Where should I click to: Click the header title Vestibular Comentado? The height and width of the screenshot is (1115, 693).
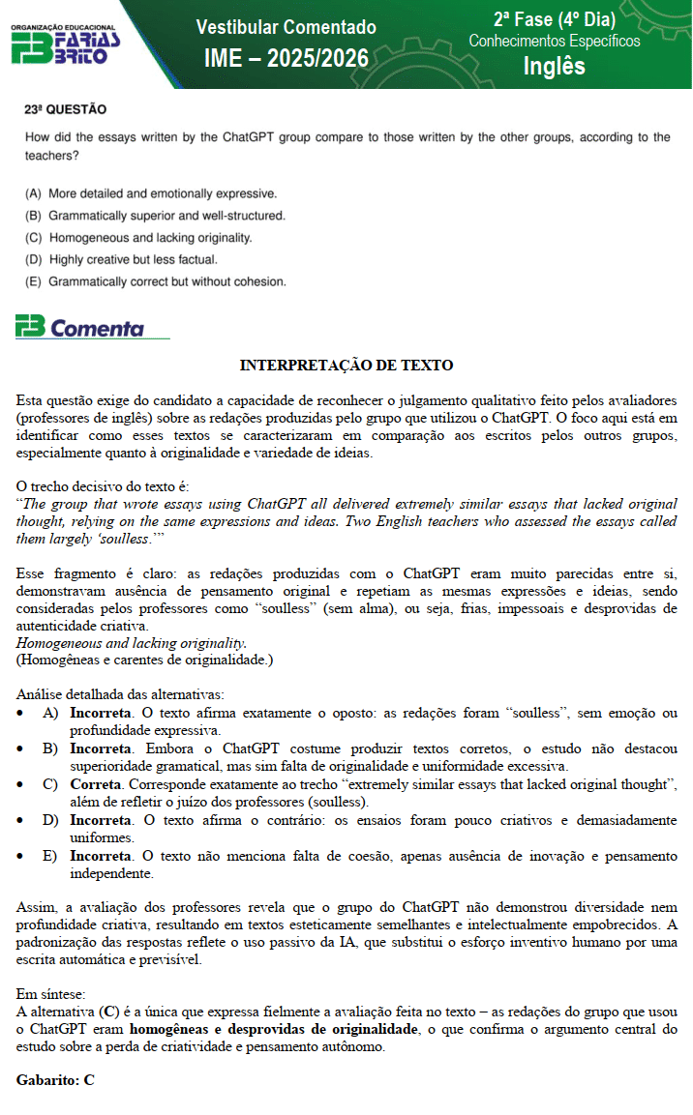pos(286,27)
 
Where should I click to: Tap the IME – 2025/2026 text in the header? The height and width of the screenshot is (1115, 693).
pos(286,59)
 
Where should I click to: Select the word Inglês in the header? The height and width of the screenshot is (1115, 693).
pos(554,66)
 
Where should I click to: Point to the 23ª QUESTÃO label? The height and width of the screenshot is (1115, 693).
pos(66,110)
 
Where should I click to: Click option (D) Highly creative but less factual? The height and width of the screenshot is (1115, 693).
pos(121,259)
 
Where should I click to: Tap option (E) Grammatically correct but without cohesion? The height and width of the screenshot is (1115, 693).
pos(156,281)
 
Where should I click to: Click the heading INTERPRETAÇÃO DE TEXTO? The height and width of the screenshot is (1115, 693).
pos(346,366)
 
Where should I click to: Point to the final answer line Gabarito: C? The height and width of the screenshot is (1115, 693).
pos(55,1080)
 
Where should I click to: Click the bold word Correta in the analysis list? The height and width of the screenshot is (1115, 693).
pos(95,784)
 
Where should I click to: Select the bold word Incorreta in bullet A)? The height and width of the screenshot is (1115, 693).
pos(102,714)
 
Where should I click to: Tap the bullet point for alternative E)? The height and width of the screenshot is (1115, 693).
pos(23,857)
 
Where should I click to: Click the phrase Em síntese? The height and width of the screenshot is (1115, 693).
pos(51,994)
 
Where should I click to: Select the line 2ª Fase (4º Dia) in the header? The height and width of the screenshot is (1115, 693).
pos(554,19)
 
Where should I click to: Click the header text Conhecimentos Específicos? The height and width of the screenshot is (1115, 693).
pos(554,41)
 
